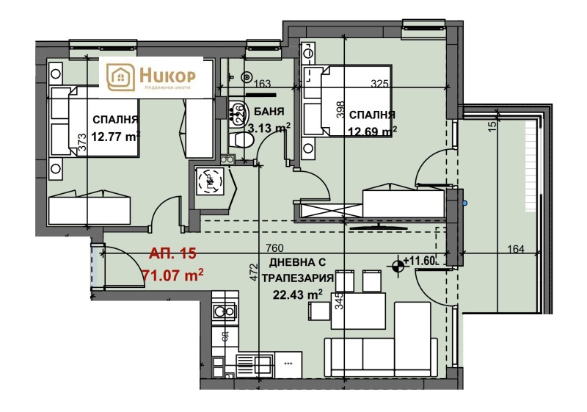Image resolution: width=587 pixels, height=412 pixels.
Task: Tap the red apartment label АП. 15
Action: pyautogui.click(x=172, y=254)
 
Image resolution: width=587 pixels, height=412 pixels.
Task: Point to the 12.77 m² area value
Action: pyautogui.click(x=116, y=135)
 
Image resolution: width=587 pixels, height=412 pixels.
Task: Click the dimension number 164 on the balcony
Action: pyautogui.click(x=516, y=249)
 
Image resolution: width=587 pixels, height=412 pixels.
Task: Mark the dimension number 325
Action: pyautogui.click(x=379, y=84)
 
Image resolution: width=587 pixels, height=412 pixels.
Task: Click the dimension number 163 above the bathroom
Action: pyautogui.click(x=263, y=84)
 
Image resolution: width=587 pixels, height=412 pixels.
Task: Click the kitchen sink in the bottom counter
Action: pyautogui.click(x=252, y=361)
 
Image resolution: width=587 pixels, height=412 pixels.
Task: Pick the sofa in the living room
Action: pyautogui.click(x=382, y=353)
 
